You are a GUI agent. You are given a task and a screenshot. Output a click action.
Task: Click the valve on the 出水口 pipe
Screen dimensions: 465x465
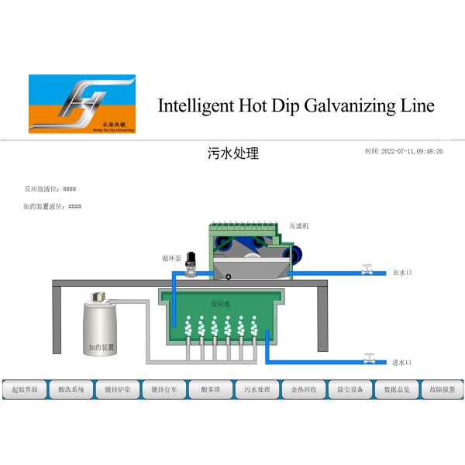pyautogui.click(x=368, y=270)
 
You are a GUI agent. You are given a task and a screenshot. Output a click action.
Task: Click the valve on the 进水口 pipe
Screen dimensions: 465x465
pyautogui.click(x=370, y=360)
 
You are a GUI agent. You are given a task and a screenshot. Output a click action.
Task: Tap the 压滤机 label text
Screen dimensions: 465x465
pyautogui.click(x=299, y=226)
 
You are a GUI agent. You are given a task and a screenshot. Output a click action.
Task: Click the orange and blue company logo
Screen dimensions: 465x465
pyautogui.click(x=81, y=104)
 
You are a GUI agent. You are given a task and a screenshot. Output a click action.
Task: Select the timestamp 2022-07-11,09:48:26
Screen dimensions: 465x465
pyautogui.click(x=412, y=152)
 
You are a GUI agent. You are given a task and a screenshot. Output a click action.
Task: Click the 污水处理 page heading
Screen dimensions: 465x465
pyautogui.click(x=233, y=153)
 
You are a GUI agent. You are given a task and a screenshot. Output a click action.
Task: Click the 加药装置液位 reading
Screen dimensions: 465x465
pyautogui.click(x=53, y=206)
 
